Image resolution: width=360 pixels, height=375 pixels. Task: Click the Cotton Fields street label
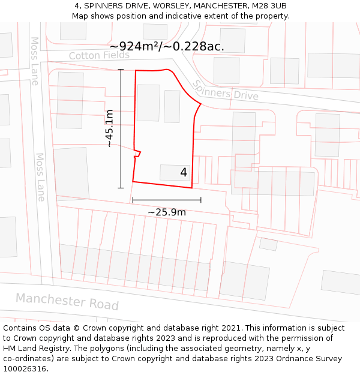(99, 55)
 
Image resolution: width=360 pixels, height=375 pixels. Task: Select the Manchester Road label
(67, 301)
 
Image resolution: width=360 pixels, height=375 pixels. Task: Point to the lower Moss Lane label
(40, 176)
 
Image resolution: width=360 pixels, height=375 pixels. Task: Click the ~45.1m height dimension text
(109, 128)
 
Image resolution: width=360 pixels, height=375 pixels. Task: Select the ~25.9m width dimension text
(167, 212)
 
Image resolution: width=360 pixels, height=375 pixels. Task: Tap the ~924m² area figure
(136, 46)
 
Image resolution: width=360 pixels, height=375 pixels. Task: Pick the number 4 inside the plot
(184, 173)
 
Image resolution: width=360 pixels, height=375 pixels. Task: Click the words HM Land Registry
(35, 349)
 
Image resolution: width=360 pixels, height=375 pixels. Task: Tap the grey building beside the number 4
(170, 172)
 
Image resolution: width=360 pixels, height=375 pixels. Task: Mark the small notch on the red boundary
(138, 152)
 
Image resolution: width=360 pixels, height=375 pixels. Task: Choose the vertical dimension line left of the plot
(121, 128)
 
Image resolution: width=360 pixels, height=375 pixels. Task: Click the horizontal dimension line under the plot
(167, 200)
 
